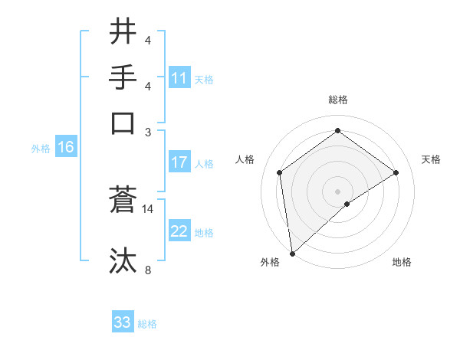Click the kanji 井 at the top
123,33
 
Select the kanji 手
123,78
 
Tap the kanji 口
123,123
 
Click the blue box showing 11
179,78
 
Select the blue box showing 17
179,162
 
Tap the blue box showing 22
179,231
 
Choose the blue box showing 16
66,147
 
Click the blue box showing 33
123,322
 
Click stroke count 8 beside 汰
147,270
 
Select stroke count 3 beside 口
147,132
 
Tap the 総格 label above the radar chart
338,100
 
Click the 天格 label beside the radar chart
431,159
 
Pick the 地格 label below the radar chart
402,262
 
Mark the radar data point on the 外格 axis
292,254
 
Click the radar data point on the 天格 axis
396,172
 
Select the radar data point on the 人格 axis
280,172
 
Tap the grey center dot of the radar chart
338,191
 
